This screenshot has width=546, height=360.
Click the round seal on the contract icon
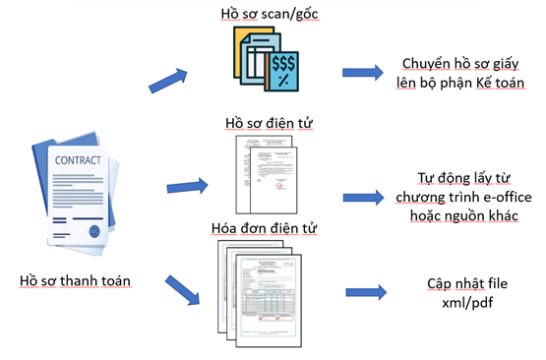click(x=94, y=231)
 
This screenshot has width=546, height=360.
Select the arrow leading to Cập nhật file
click(x=366, y=292)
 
